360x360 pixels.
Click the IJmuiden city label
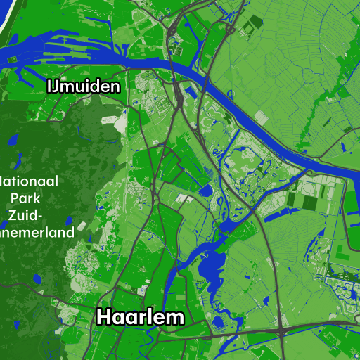coord(83,86)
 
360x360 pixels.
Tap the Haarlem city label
coord(140,317)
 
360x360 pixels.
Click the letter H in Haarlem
coord(103,317)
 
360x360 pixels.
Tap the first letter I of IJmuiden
coord(50,86)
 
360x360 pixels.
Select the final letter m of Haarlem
coord(175,318)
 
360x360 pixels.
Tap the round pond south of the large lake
coord(218,323)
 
